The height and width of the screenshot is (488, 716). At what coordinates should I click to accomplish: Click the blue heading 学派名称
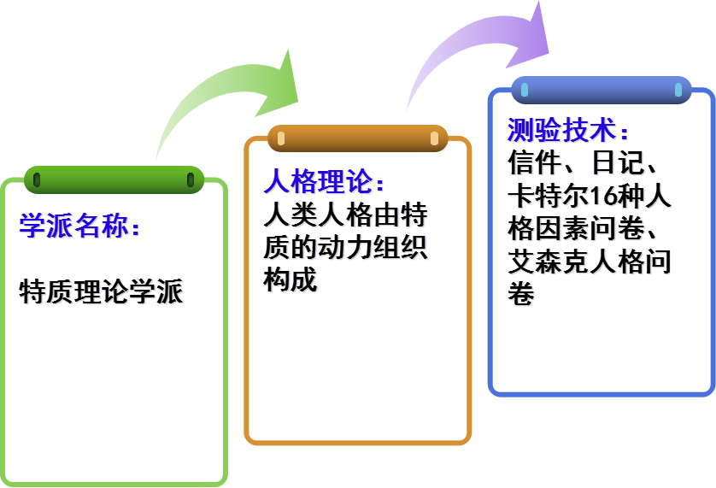point(77,226)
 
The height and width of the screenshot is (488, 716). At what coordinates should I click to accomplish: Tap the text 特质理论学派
point(102,292)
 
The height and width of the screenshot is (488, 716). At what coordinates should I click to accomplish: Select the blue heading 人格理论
point(320,182)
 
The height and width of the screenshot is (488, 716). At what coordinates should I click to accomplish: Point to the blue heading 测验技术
point(565,131)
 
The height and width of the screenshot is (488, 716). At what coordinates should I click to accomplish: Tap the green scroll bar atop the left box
point(114,179)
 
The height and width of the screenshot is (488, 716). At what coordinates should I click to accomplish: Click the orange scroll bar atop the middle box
point(358,138)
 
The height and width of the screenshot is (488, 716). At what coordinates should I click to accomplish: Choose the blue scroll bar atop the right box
point(601,90)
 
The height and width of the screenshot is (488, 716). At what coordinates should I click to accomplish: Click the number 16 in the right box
point(601,197)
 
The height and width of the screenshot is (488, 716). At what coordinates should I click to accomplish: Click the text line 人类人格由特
point(346,215)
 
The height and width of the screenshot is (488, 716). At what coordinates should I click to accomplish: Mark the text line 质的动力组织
point(346,248)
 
